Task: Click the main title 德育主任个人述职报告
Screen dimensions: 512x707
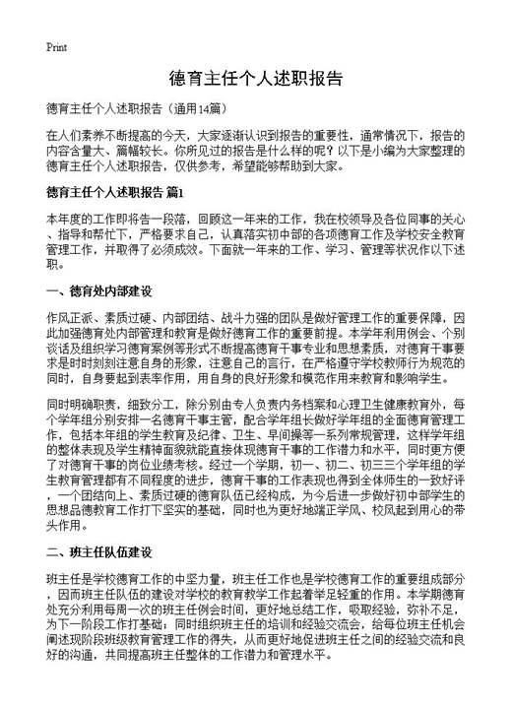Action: point(256,78)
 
